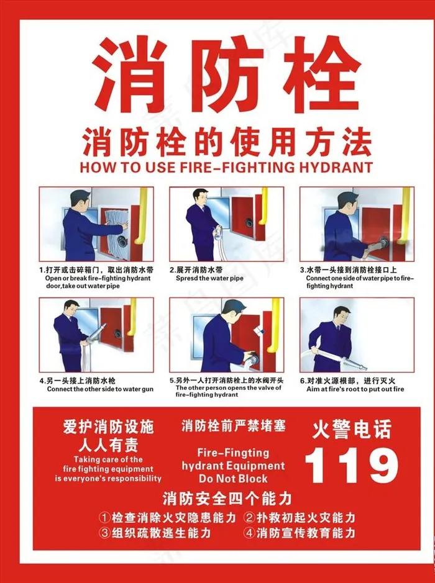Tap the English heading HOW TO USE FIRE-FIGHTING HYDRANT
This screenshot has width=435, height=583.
(227, 167)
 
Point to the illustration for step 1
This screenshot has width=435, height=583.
(96, 224)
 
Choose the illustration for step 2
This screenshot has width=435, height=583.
(226, 224)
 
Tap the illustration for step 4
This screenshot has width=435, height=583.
(96, 335)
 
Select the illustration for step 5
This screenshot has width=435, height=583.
(226, 335)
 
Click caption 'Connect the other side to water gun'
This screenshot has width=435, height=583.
(100, 389)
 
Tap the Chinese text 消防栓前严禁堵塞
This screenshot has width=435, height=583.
(233, 427)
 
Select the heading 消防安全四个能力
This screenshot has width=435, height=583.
(227, 498)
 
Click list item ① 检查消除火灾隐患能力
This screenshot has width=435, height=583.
(168, 517)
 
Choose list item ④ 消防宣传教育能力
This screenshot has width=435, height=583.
(300, 533)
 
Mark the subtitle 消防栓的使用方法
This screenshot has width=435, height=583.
(227, 142)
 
